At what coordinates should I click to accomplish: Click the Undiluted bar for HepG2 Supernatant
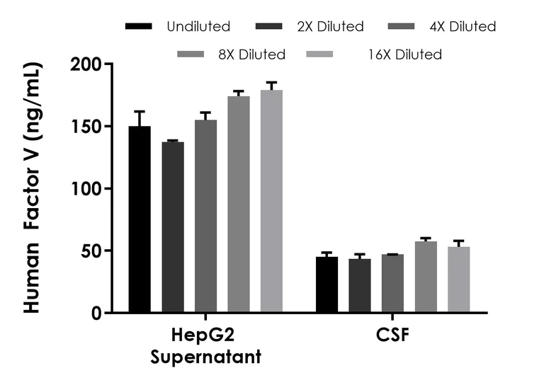click(139, 219)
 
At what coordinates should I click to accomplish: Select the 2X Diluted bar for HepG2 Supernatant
click(172, 227)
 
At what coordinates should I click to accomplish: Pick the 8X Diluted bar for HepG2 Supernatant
click(239, 205)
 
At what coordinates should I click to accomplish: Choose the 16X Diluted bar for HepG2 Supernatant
click(271, 201)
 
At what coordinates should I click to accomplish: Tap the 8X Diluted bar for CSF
click(426, 277)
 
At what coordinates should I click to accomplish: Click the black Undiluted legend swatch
click(140, 27)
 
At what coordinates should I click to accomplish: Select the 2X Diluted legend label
click(328, 27)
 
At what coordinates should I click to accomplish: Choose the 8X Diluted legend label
click(250, 54)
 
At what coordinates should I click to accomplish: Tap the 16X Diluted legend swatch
click(316, 54)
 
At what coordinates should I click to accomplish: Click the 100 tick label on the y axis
click(86, 189)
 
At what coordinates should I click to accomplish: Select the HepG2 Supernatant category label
click(205, 345)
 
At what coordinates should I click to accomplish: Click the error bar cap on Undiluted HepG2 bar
click(139, 111)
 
